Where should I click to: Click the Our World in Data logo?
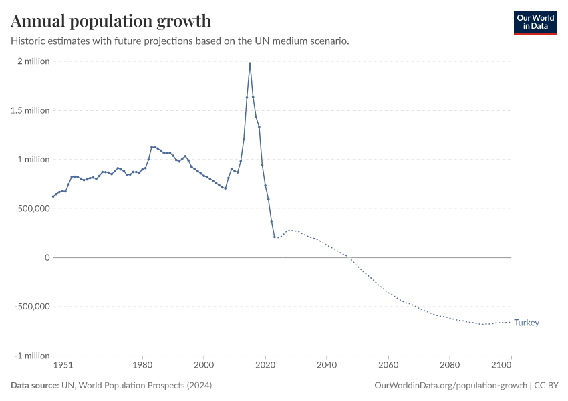(535, 22)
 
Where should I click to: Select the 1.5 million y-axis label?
(30, 110)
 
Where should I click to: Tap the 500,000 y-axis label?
(31, 209)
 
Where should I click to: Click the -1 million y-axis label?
(31, 356)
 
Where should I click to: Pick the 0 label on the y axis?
(47, 257)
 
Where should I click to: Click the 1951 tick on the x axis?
(63, 366)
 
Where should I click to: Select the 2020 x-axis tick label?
(265, 366)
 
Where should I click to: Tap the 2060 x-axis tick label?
(388, 366)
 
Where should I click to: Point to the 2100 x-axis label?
(502, 366)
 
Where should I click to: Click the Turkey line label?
(527, 323)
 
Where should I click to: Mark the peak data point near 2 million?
(250, 63)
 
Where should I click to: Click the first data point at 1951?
(53, 196)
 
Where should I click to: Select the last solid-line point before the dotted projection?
(275, 237)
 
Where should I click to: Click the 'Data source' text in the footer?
(34, 386)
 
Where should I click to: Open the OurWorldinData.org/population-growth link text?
(452, 386)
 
